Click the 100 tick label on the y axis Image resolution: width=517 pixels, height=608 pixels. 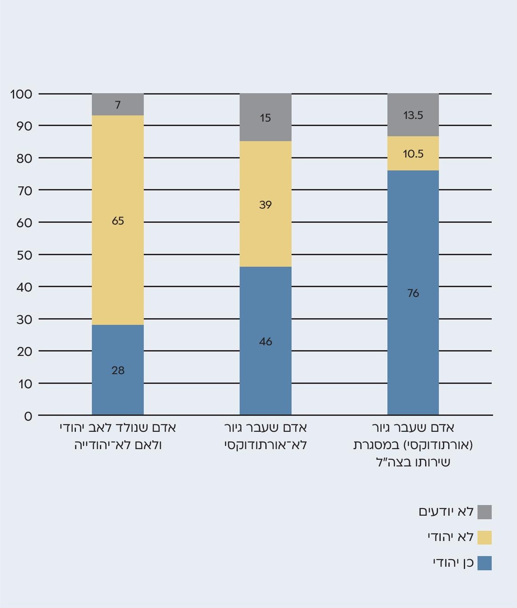point(21,94)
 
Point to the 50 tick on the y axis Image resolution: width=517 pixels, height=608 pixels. point(24,255)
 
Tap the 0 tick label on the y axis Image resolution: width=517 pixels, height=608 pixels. point(28,416)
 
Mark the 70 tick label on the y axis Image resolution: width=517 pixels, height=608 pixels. point(24,191)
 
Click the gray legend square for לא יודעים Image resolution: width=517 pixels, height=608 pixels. point(484,512)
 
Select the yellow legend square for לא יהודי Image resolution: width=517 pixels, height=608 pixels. point(484,537)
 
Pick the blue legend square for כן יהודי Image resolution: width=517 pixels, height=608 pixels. point(484,563)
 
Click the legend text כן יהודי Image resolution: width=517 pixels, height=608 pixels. point(453,563)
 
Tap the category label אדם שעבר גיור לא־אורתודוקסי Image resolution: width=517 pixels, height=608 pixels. point(265,436)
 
